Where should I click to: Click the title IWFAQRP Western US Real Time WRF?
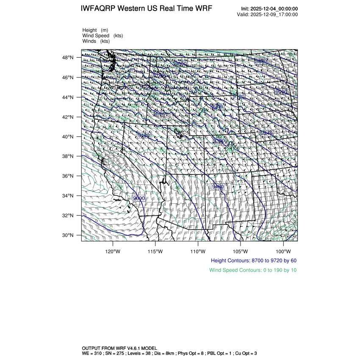[146, 8]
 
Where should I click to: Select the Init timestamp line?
[269, 9]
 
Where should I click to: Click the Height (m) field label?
[95, 30]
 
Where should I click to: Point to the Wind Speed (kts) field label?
[102, 36]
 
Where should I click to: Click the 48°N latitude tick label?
[69, 58]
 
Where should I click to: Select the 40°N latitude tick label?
[69, 137]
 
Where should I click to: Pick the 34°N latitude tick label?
[69, 196]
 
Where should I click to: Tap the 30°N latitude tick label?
[69, 235]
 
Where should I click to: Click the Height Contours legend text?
[253, 260]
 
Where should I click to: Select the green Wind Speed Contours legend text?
[253, 270]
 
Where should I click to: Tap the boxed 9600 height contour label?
[139, 198]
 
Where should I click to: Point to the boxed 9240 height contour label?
[266, 133]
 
